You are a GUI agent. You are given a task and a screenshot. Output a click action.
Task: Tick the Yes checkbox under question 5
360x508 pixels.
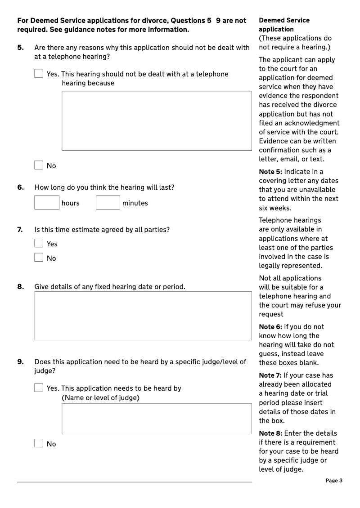pyautogui.click(x=39, y=73)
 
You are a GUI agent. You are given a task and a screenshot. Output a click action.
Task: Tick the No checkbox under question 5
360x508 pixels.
pyautogui.click(x=39, y=165)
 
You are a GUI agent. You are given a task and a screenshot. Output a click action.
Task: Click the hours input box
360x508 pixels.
pyautogui.click(x=47, y=203)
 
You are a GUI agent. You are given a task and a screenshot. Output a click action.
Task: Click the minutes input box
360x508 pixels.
pyautogui.click(x=108, y=203)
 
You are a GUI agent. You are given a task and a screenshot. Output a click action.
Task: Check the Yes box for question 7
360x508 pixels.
pyautogui.click(x=39, y=243)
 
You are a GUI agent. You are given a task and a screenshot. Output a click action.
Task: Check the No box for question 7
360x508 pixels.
pyautogui.click(x=39, y=258)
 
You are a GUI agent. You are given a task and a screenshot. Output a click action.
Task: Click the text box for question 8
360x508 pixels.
pyautogui.click(x=143, y=316)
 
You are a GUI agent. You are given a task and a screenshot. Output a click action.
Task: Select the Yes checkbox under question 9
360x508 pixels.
pyautogui.click(x=39, y=388)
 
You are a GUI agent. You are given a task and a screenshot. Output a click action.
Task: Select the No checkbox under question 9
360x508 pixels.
pyautogui.click(x=39, y=443)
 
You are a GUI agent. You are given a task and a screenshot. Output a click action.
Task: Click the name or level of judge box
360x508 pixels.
pyautogui.click(x=157, y=419)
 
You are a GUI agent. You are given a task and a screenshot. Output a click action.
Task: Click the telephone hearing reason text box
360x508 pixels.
pyautogui.click(x=157, y=120)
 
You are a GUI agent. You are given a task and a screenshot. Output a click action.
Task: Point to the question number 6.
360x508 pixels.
pyautogui.click(x=21, y=187)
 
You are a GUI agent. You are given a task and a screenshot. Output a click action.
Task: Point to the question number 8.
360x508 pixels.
pyautogui.click(x=21, y=286)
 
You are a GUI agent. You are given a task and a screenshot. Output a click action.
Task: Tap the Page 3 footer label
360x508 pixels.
pyautogui.click(x=334, y=481)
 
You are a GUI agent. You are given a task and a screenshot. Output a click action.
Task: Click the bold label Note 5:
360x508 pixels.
pyautogui.click(x=270, y=172)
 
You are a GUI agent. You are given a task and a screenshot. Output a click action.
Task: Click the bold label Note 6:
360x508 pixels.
pyautogui.click(x=270, y=327)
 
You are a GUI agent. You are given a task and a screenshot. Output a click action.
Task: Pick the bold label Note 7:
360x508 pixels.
pyautogui.click(x=270, y=375)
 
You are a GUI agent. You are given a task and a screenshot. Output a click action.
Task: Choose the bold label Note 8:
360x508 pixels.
pyautogui.click(x=270, y=433)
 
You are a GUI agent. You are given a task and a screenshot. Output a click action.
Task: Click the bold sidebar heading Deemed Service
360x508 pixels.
pyautogui.click(x=284, y=20)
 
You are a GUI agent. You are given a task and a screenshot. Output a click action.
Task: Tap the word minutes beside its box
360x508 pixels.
pyautogui.click(x=135, y=203)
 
